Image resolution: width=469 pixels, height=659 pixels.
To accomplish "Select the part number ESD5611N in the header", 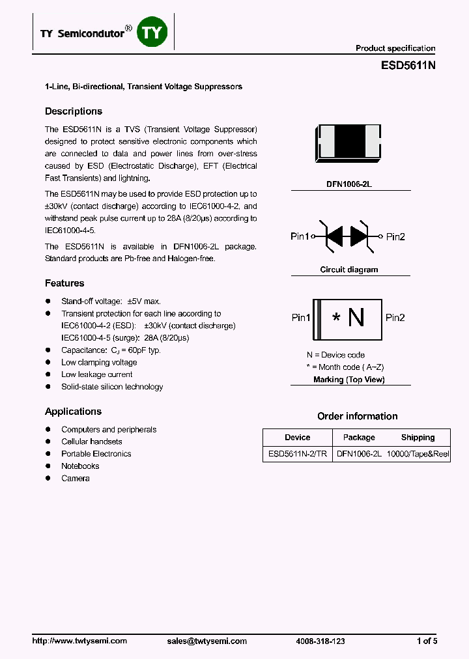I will (408, 66).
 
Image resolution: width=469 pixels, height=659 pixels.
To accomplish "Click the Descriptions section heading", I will (73, 111).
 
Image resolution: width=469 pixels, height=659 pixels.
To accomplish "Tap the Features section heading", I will (64, 283).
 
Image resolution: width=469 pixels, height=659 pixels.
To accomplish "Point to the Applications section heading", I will (73, 412).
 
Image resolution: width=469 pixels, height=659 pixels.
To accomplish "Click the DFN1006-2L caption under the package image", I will (349, 184).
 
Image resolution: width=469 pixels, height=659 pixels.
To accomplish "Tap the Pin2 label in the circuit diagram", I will (395, 236).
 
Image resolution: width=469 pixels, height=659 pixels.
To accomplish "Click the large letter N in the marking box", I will (356, 318).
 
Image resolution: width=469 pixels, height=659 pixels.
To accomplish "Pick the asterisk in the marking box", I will (336, 318).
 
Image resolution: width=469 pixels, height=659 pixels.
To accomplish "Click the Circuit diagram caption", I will (349, 270).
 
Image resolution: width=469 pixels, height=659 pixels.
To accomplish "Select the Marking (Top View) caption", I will (349, 380).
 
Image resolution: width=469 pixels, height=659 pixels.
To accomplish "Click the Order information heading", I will (357, 416).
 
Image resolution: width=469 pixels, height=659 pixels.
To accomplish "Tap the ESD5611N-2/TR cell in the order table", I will (298, 455).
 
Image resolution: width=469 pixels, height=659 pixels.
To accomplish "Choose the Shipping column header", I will (418, 438).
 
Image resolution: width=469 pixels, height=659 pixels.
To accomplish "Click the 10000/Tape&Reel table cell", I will (418, 455).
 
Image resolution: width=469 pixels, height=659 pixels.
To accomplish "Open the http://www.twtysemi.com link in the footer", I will (79, 641).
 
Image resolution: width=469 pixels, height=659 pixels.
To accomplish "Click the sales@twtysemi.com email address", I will (207, 641).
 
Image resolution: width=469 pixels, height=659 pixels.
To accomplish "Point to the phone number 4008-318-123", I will (320, 641).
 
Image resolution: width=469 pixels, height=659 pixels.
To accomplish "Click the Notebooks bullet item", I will (80, 466).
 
